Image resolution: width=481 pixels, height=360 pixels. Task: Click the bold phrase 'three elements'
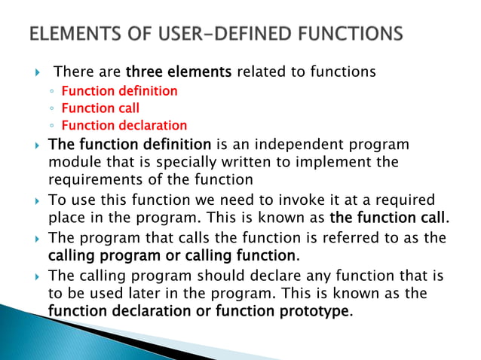click(x=179, y=73)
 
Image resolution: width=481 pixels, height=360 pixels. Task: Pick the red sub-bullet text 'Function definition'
click(x=119, y=91)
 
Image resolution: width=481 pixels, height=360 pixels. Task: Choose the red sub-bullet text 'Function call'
click(x=100, y=108)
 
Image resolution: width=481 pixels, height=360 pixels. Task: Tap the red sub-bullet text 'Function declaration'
click(x=124, y=126)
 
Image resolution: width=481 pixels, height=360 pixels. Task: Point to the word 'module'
click(x=71, y=162)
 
